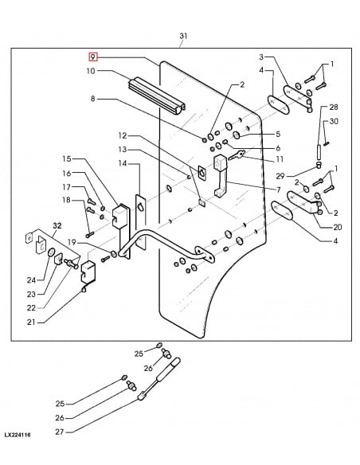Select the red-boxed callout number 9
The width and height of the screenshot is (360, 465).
[x=93, y=57]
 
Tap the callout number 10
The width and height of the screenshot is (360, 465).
[x=91, y=72]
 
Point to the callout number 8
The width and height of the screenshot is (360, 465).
[x=92, y=100]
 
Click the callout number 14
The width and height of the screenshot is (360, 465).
[x=122, y=163]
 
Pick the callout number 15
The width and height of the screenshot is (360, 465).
[x=67, y=159]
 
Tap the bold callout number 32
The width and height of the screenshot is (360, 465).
[x=57, y=226]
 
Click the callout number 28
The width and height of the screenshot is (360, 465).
[x=334, y=107]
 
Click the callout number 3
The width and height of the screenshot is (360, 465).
[x=261, y=57]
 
